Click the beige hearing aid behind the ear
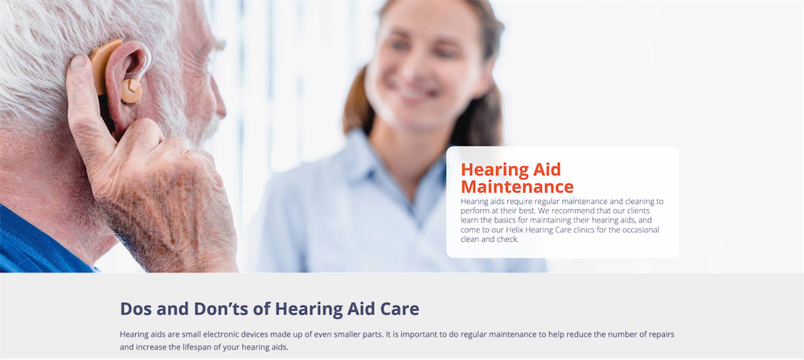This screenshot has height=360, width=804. (103, 64)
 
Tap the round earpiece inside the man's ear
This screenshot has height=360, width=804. (131, 91)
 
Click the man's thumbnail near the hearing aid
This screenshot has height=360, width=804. (79, 63)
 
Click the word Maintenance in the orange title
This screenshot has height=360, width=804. (517, 186)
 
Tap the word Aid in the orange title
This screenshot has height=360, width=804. (548, 169)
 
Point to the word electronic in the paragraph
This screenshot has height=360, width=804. (222, 334)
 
